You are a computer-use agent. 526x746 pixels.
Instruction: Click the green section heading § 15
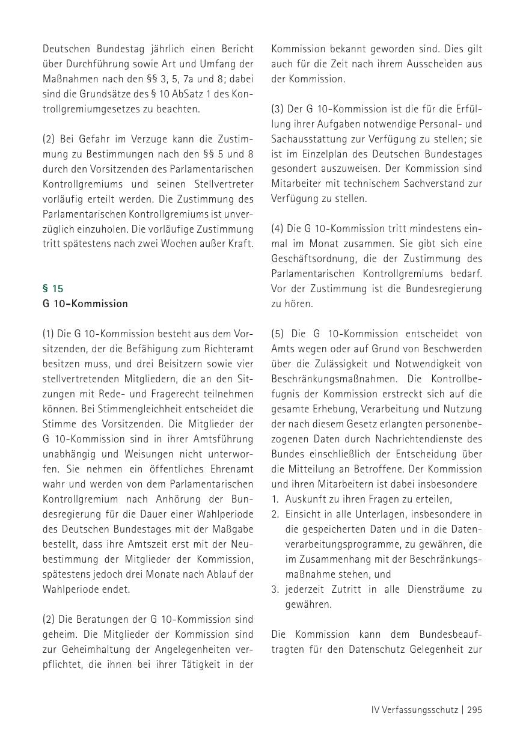click(x=53, y=289)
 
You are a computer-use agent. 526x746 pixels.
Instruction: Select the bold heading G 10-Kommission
click(x=85, y=304)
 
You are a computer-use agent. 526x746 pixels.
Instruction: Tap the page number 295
click(x=474, y=710)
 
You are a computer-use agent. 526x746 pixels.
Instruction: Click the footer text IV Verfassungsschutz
click(x=415, y=710)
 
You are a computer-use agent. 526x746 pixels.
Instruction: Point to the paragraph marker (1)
click(x=49, y=334)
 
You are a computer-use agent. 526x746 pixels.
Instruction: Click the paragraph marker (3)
click(x=278, y=109)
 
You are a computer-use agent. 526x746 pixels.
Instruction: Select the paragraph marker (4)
click(x=278, y=228)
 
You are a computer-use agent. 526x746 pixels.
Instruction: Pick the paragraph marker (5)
click(x=278, y=334)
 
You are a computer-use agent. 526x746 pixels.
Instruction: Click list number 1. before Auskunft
click(x=275, y=499)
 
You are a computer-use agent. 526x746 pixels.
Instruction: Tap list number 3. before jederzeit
click(x=275, y=589)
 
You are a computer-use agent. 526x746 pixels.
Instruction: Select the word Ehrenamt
click(x=231, y=469)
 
